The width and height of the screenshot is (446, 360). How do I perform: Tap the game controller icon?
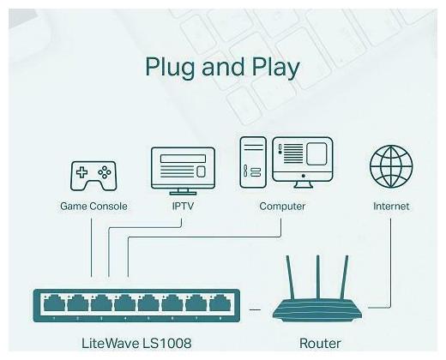click(x=93, y=175)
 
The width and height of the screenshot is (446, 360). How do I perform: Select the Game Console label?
click(x=93, y=207)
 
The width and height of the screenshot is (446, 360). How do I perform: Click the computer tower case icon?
click(x=252, y=163)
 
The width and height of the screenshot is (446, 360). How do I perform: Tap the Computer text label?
click(x=282, y=207)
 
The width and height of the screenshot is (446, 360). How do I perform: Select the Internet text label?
click(x=391, y=207)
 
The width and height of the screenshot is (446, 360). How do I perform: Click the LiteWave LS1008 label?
click(x=136, y=344)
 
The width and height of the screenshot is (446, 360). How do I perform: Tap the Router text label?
click(x=320, y=344)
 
